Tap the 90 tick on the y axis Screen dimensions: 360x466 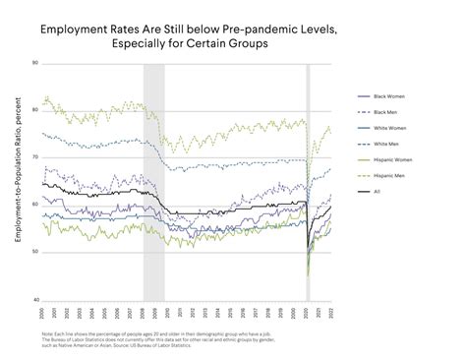[34, 63]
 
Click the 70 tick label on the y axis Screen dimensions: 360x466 [34, 157]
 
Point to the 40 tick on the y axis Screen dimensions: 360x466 [34, 300]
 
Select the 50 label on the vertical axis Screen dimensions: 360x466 [34, 253]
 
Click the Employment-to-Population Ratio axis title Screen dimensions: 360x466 [19, 182]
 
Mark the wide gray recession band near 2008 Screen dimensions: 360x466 [153, 182]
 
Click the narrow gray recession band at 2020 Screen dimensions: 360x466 [308, 182]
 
